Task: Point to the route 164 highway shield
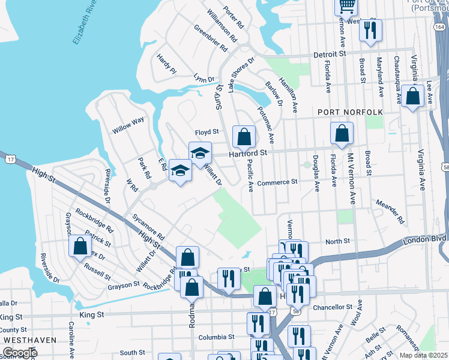coord(440,28)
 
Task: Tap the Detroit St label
coord(330,54)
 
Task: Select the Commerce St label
coord(277,182)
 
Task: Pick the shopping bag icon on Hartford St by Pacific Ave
coord(243,137)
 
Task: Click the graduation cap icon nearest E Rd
coord(179,170)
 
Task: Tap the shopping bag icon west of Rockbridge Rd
coord(80,247)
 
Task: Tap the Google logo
coord(20,352)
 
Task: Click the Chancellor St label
coord(333,307)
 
